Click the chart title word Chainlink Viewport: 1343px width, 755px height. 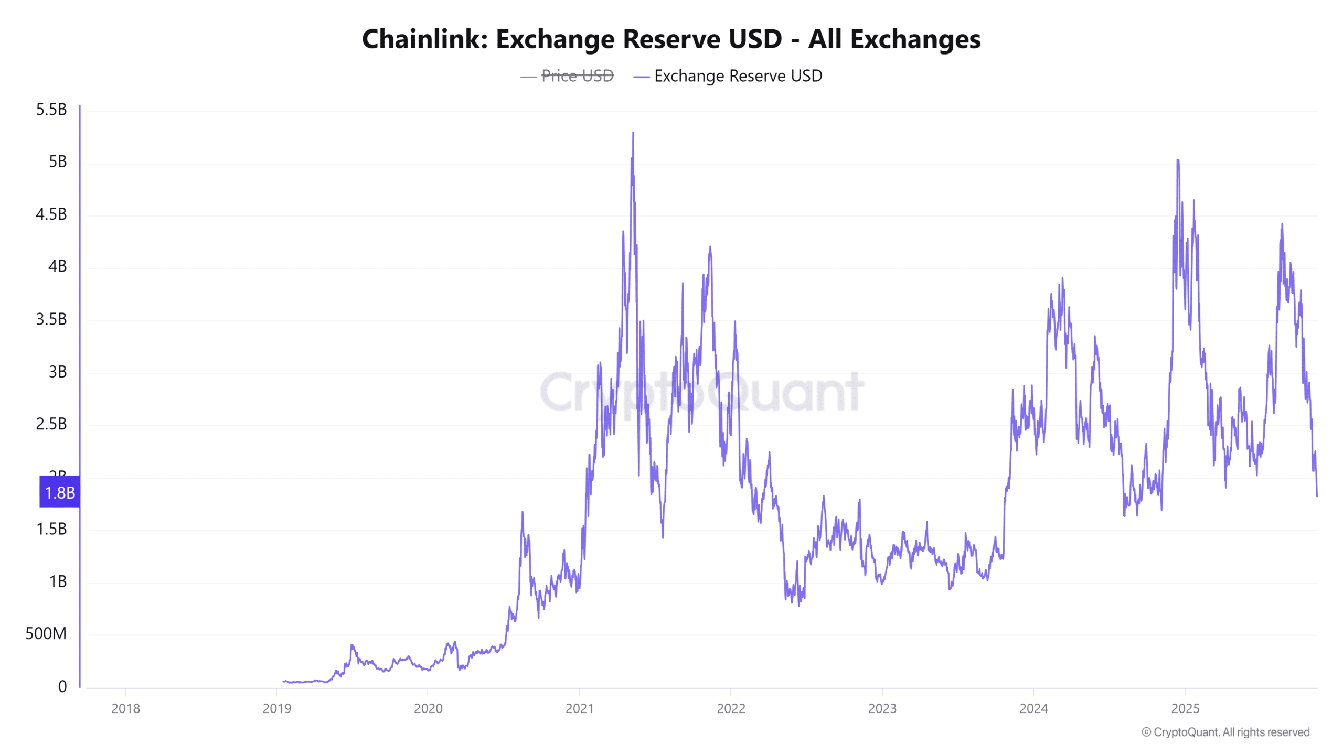click(425, 39)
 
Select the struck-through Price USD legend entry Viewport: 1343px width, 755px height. click(577, 76)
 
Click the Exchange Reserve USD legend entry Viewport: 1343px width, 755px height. click(738, 76)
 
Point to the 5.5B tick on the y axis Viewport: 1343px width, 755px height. click(51, 110)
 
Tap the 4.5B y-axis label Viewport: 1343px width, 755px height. click(51, 214)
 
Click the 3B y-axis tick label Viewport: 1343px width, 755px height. click(58, 372)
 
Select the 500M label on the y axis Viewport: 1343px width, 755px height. click(46, 633)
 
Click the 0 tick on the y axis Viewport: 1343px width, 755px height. click(62, 686)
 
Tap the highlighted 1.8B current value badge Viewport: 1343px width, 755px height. click(60, 492)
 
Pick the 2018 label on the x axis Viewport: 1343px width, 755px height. click(126, 708)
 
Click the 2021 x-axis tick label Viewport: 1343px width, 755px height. click(580, 708)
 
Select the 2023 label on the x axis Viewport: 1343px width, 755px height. click(882, 708)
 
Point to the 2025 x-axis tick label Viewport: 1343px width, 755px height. click(1185, 708)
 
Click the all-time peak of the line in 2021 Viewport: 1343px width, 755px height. click(633, 133)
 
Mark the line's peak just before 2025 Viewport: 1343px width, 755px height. click(1178, 160)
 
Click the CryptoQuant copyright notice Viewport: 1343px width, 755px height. click(1225, 732)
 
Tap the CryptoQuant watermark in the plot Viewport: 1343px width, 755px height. click(702, 392)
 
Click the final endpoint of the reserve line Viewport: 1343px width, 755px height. click(1317, 495)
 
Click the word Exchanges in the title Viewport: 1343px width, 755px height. click(915, 39)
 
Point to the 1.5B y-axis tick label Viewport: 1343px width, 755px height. click(51, 529)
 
